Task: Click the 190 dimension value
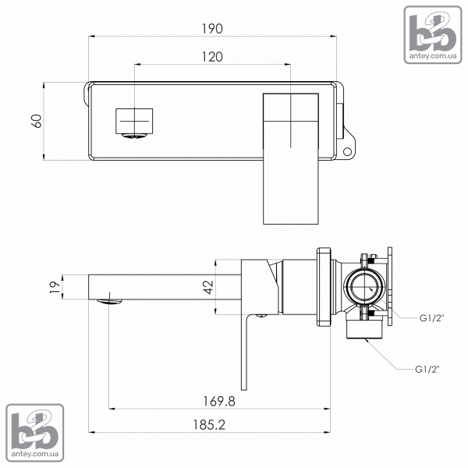pyautogui.click(x=212, y=29)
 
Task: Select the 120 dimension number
pyautogui.click(x=212, y=57)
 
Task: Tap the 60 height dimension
pyautogui.click(x=37, y=121)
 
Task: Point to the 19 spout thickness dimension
pyautogui.click(x=55, y=287)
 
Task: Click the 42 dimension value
pyautogui.click(x=208, y=287)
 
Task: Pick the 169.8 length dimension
pyautogui.click(x=219, y=401)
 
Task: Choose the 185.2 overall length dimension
pyautogui.click(x=209, y=425)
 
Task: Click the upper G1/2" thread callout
pyautogui.click(x=432, y=318)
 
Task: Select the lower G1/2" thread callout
pyautogui.click(x=427, y=370)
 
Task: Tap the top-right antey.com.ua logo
pyautogui.click(x=433, y=34)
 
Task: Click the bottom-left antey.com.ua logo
pyautogui.click(x=35, y=433)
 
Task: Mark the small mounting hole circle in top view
pyautogui.click(x=347, y=151)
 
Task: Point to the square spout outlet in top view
pyautogui.click(x=134, y=121)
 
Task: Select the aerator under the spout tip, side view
pyautogui.click(x=110, y=301)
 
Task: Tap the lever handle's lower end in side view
pyautogui.click(x=244, y=388)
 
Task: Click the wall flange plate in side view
pyautogui.click(x=324, y=287)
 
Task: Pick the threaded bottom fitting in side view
pyautogui.click(x=364, y=330)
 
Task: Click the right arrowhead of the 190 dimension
pyautogui.click(x=334, y=37)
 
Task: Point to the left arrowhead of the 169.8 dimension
pyautogui.click(x=112, y=409)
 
